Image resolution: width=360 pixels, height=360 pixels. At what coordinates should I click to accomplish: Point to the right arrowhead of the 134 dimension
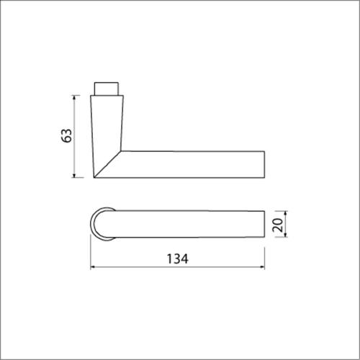point(263,268)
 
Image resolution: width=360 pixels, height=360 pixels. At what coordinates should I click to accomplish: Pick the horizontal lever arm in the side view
point(194,163)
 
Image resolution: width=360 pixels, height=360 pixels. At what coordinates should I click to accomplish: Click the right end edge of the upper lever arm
point(265,163)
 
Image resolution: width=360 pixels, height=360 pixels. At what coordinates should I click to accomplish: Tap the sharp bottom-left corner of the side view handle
point(94,177)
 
